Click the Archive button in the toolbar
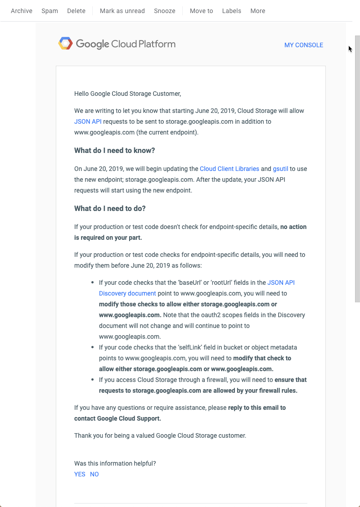22,11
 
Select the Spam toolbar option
49,11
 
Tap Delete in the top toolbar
76,11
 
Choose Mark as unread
122,11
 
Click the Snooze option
165,11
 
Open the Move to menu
201,11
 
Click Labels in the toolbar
232,11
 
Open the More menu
258,11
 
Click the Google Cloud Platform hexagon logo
65,44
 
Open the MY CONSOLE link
304,45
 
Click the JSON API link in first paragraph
88,121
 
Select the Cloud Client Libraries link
229,169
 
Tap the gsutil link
280,169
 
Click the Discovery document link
127,293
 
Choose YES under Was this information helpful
80,474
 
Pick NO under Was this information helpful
94,474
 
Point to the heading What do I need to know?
114,151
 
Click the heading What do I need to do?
110,208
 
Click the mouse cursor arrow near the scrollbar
350,49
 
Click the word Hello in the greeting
81,94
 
